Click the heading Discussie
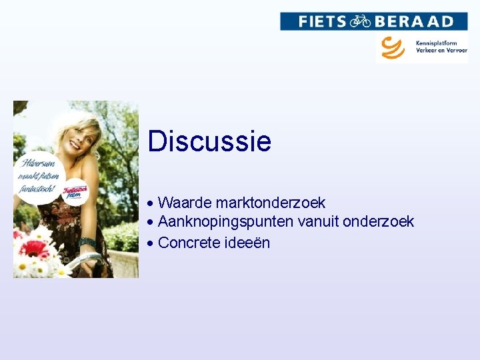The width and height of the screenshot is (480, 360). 209,141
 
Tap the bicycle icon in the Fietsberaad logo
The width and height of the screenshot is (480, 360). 360,21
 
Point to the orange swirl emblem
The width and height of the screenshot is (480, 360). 393,47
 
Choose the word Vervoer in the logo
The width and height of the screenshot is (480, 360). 456,51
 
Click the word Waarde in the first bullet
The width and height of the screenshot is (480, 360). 185,203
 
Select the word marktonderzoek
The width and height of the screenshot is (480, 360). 270,203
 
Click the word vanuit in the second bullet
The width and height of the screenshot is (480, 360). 318,222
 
